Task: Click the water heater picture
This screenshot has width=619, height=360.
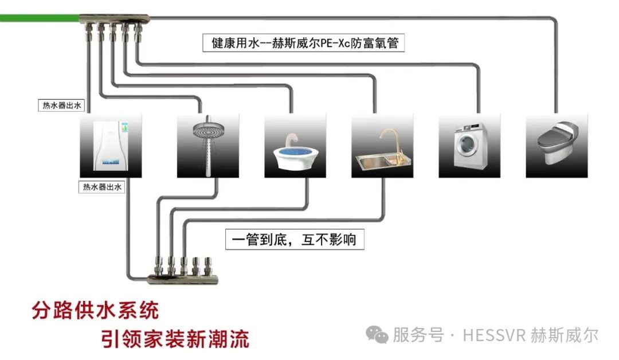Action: pyautogui.click(x=111, y=145)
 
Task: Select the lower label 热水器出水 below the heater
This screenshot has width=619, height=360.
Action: pyautogui.click(x=102, y=187)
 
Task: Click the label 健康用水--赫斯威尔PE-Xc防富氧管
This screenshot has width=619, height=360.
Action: pyautogui.click(x=304, y=44)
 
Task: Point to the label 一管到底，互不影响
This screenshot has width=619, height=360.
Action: pyautogui.click(x=294, y=239)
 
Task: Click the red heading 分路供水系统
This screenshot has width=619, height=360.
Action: pyautogui.click(x=95, y=311)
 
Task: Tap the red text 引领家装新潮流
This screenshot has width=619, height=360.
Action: pyautogui.click(x=175, y=338)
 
